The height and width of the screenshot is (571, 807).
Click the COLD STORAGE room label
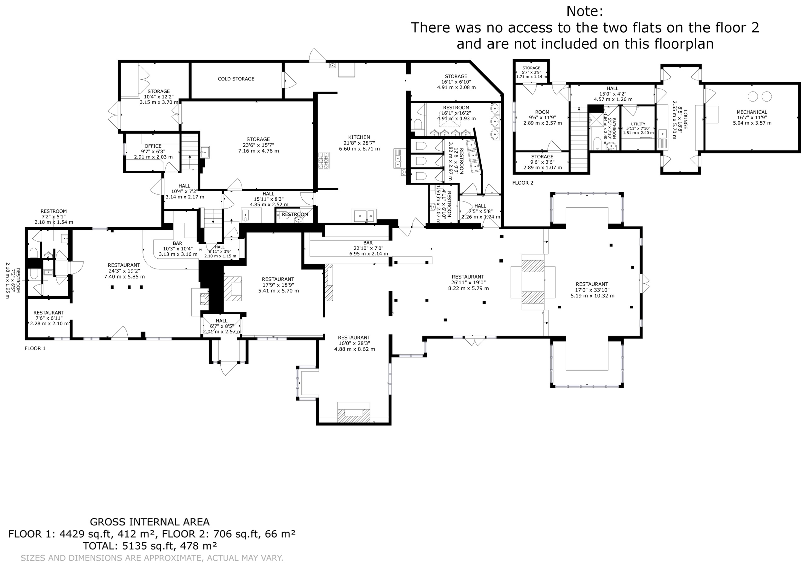click(236, 79)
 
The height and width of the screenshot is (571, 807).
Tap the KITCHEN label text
click(359, 137)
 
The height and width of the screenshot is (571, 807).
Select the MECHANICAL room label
click(752, 112)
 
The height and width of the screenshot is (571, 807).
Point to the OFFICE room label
click(153, 146)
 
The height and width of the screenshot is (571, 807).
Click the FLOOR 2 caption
click(523, 183)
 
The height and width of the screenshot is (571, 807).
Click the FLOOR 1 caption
click(35, 349)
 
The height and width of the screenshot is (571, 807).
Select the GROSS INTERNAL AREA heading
click(150, 522)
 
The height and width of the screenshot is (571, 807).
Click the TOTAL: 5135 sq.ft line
click(150, 546)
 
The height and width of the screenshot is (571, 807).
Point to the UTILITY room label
click(638, 124)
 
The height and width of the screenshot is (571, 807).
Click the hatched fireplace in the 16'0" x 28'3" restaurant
click(354, 415)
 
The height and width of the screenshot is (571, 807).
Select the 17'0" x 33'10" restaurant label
click(592, 290)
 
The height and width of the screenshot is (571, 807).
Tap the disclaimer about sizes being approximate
click(152, 558)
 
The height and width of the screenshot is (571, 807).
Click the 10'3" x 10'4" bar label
click(177, 248)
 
